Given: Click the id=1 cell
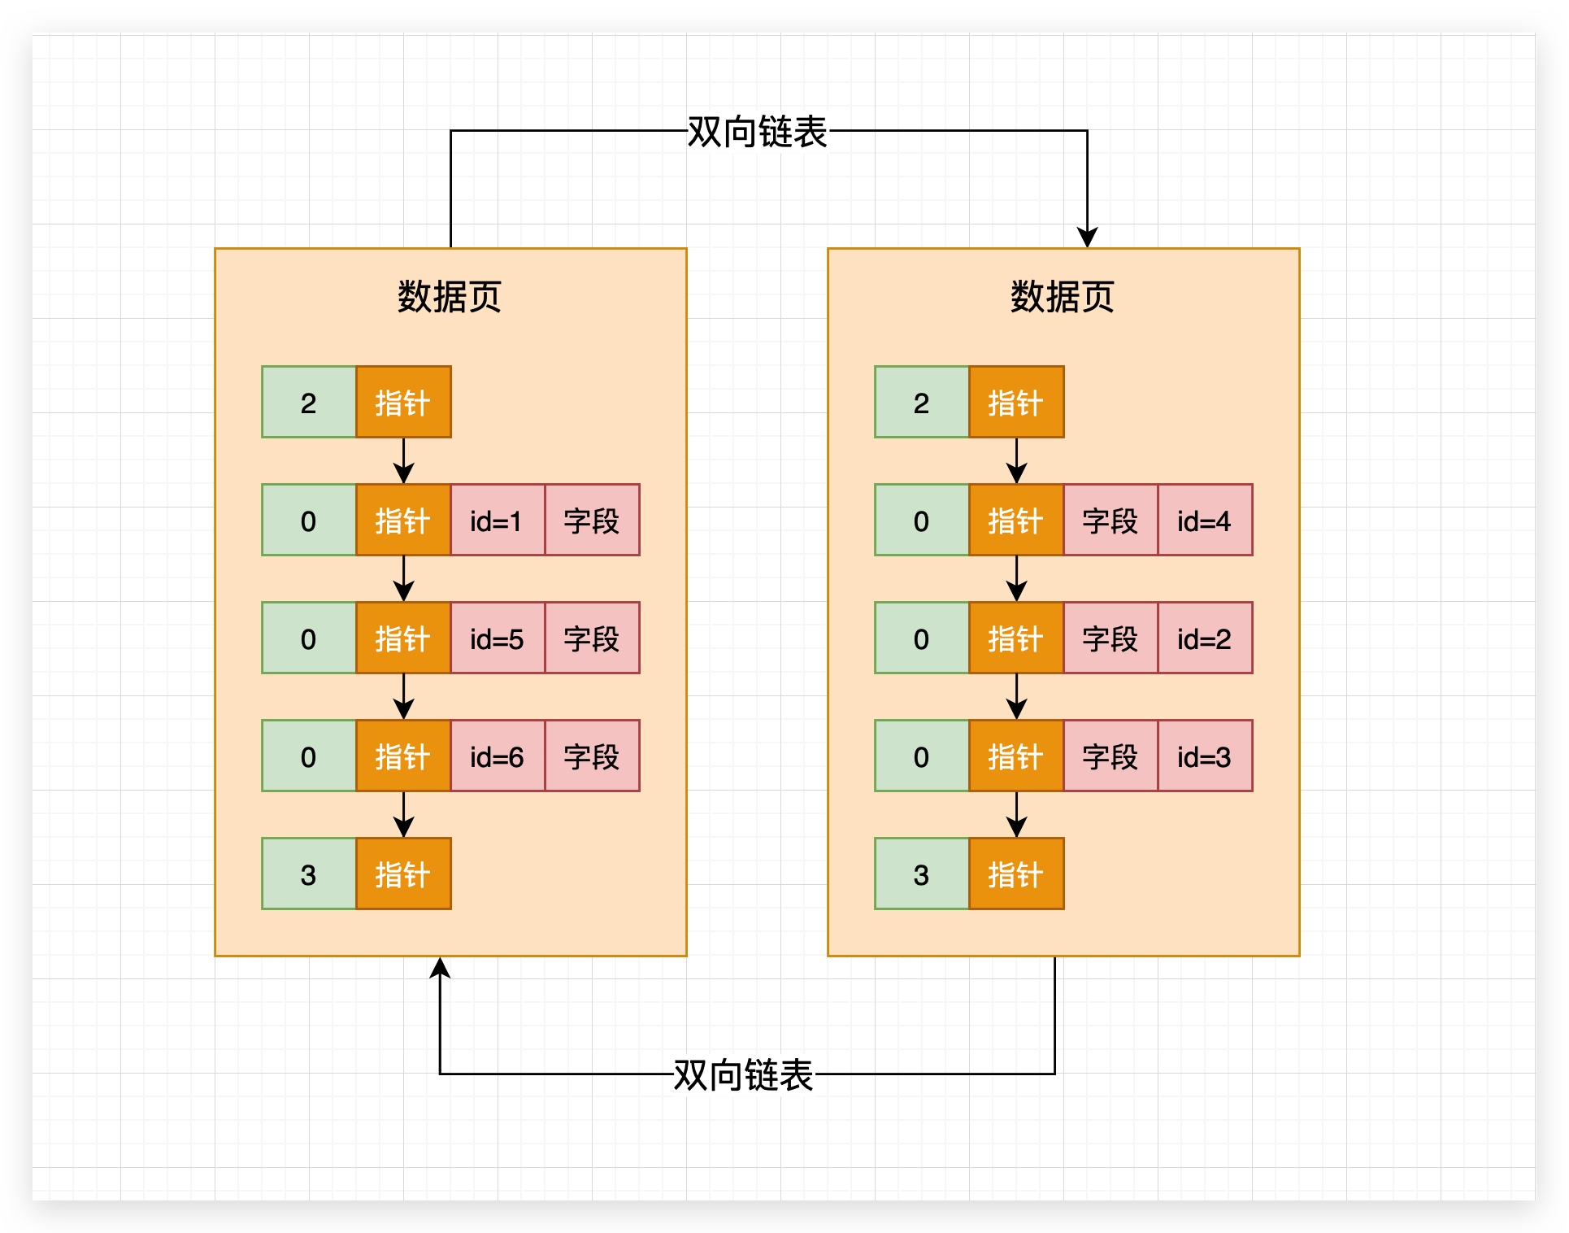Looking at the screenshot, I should tap(497, 521).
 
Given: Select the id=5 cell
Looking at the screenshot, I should tap(497, 638).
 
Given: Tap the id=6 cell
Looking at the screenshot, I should tap(497, 756).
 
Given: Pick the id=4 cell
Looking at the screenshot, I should tap(1204, 521).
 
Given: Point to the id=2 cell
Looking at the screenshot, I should tap(1204, 638).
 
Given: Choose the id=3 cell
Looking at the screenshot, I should tap(1204, 756).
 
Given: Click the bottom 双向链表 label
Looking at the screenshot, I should tap(743, 1074).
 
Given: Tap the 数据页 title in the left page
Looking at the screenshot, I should tap(450, 297).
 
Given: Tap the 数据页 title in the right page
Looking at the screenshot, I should tap(1062, 297).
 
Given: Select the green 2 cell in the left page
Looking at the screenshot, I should tap(309, 403).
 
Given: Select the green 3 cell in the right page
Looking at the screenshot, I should tap(921, 874).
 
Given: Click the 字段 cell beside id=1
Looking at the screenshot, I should tap(592, 521).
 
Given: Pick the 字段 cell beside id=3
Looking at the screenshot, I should tap(1110, 756).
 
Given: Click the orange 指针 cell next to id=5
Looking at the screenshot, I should tap(403, 638).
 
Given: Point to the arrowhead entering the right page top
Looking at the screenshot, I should tap(1087, 237).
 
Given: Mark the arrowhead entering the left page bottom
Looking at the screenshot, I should tap(440, 968).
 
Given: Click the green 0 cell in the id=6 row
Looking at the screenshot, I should tap(309, 756).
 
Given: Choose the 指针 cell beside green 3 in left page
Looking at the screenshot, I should tap(403, 874).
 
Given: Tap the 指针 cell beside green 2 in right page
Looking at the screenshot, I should tap(1015, 403).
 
